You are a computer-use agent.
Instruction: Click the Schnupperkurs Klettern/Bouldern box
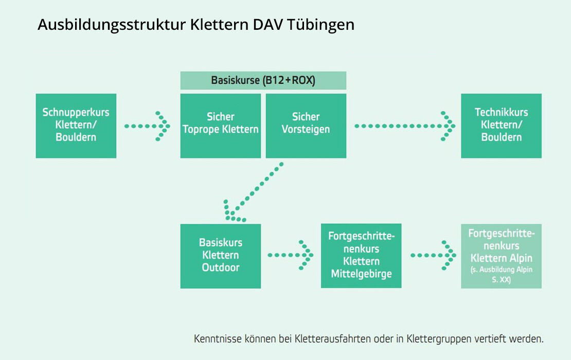click(76, 126)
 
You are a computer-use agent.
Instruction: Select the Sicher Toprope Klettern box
click(220, 126)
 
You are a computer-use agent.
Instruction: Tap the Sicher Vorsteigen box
click(306, 126)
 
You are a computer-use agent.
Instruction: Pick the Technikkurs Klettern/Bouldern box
click(501, 126)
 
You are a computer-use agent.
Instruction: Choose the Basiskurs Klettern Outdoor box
click(220, 256)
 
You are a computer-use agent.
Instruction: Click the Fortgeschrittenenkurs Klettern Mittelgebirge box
click(361, 256)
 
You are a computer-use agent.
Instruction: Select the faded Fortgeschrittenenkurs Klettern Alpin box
click(501, 256)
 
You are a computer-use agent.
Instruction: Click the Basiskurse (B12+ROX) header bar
click(263, 80)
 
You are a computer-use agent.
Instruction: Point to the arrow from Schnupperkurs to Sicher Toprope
click(147, 127)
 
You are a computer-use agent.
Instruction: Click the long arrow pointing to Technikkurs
click(404, 127)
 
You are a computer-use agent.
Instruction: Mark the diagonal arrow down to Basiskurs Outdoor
click(253, 192)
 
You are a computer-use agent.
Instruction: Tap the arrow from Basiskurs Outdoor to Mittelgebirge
click(290, 255)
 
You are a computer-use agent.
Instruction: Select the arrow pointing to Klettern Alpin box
click(433, 255)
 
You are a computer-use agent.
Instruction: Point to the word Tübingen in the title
click(320, 25)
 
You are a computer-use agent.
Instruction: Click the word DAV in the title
click(267, 25)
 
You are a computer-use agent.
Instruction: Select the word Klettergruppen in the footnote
click(437, 339)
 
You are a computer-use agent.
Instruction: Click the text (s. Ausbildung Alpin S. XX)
click(501, 275)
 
